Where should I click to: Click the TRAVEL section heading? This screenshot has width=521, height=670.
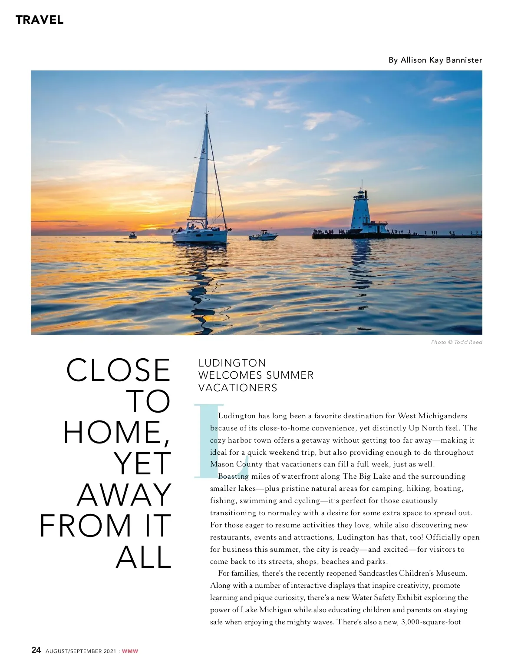click(x=40, y=20)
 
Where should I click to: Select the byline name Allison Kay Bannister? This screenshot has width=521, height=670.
click(x=441, y=60)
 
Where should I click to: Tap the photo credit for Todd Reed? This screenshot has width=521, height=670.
click(x=456, y=342)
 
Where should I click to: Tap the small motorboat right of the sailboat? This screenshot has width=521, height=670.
click(x=263, y=236)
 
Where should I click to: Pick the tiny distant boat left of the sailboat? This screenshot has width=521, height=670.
click(x=132, y=235)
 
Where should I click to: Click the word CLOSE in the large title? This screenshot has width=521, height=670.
click(x=119, y=370)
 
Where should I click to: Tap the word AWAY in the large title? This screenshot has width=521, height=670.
click(x=125, y=495)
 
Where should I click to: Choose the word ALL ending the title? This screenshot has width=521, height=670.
click(x=144, y=557)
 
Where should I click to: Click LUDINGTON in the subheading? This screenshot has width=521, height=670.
click(x=232, y=363)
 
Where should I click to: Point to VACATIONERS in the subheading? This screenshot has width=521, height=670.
click(x=238, y=388)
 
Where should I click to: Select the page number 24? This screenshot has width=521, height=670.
click(x=36, y=650)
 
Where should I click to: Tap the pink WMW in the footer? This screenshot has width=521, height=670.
click(x=130, y=651)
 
